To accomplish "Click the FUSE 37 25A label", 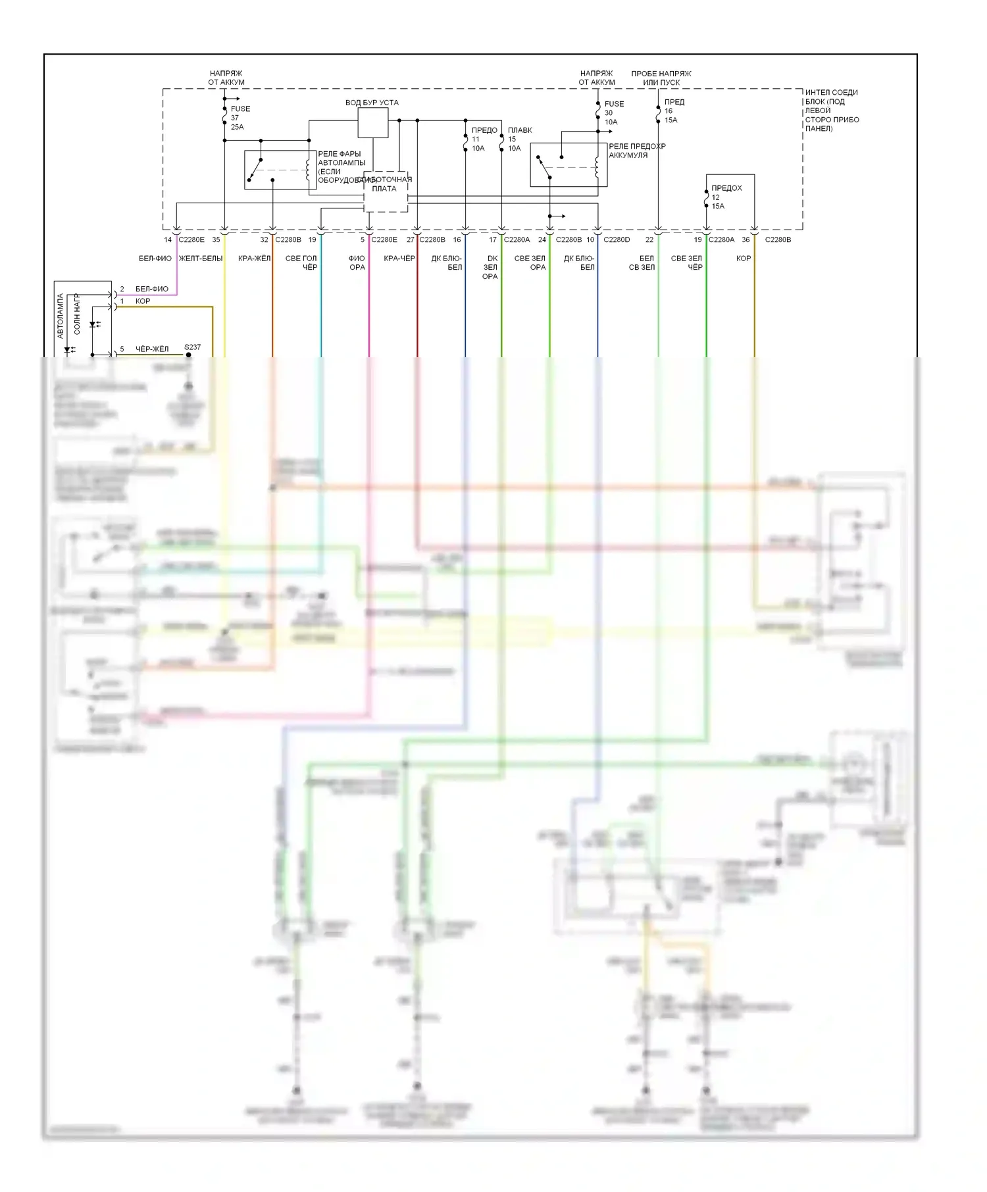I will tap(240, 118).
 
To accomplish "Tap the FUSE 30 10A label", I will tap(613, 112).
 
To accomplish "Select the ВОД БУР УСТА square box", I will tap(372, 123).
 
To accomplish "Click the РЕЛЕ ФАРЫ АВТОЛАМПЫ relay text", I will tap(341, 167).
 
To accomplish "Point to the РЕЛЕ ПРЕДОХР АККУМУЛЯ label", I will tap(636, 151).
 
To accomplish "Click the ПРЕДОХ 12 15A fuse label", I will tap(726, 197).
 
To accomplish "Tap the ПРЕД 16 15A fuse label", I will tap(673, 111).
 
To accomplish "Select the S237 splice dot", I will tap(189, 355).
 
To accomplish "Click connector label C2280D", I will tap(616, 240).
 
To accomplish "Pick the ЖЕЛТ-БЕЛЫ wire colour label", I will tap(201, 259).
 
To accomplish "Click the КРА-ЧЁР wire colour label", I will tap(399, 259).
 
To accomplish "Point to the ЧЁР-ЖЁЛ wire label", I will tap(152, 349).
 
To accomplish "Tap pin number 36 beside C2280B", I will tap(746, 240).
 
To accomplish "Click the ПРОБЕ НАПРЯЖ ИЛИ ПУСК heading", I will tap(661, 78).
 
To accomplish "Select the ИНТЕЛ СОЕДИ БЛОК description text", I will tap(832, 111).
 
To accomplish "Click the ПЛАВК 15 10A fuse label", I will tap(519, 139).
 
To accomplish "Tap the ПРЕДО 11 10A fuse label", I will tap(483, 139).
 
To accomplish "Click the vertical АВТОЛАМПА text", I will tap(61, 316).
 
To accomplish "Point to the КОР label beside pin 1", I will tap(143, 301).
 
